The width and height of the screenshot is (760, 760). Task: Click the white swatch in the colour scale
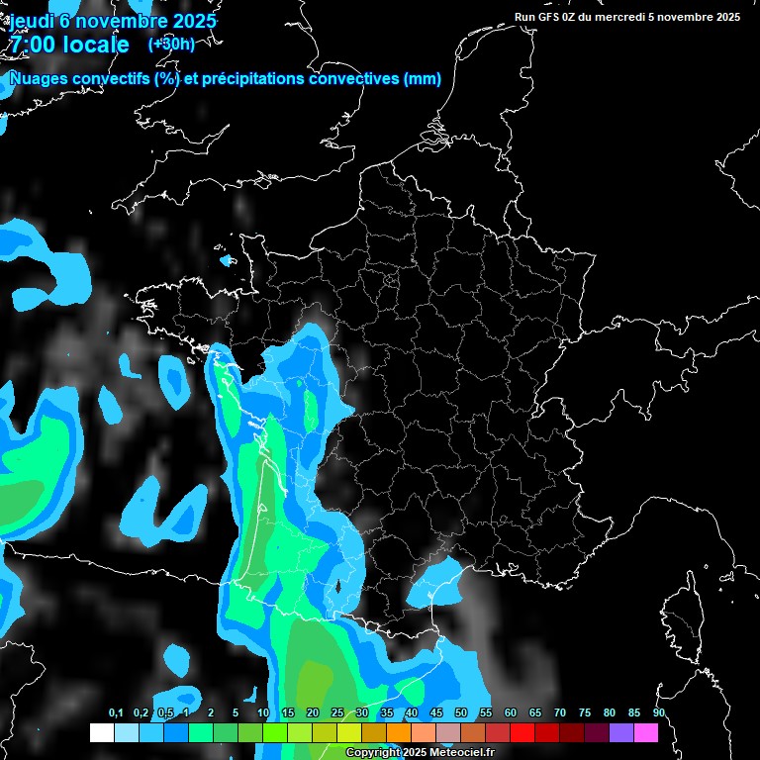point(101,733)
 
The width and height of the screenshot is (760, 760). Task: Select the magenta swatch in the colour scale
point(646,733)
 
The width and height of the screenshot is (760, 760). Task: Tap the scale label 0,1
point(116,713)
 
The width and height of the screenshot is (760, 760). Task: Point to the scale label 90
point(659,713)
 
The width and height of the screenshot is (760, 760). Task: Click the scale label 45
point(436,713)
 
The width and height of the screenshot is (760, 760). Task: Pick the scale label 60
point(511,713)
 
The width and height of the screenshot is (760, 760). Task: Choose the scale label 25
point(337,713)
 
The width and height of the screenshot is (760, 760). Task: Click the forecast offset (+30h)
point(171,44)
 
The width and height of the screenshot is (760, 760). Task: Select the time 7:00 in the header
point(35,45)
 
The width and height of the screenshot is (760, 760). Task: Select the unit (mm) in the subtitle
point(423,79)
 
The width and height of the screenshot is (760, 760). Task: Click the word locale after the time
point(97,45)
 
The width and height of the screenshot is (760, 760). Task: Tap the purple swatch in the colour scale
point(621,733)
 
